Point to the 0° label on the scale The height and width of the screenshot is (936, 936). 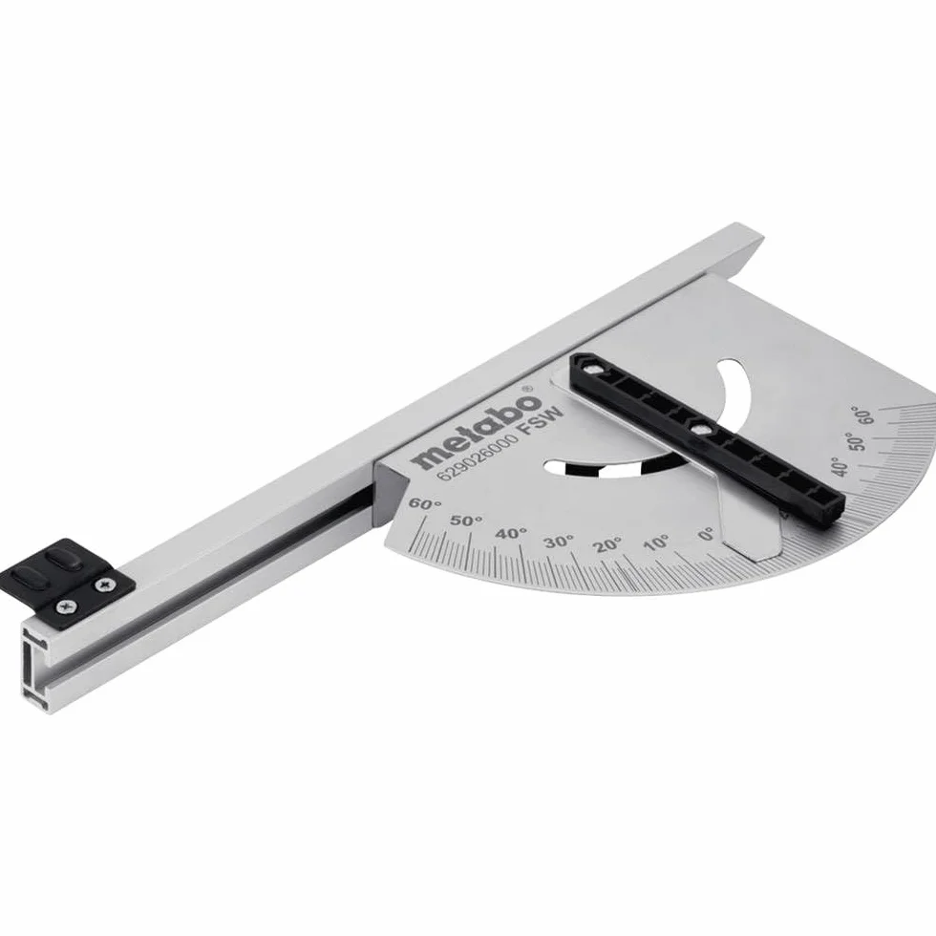click(706, 534)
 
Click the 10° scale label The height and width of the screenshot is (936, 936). click(657, 543)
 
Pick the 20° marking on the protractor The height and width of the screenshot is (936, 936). click(608, 544)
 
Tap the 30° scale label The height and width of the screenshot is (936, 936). click(559, 542)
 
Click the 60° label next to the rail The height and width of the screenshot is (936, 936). click(425, 504)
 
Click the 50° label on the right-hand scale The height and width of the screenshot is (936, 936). click(858, 441)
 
